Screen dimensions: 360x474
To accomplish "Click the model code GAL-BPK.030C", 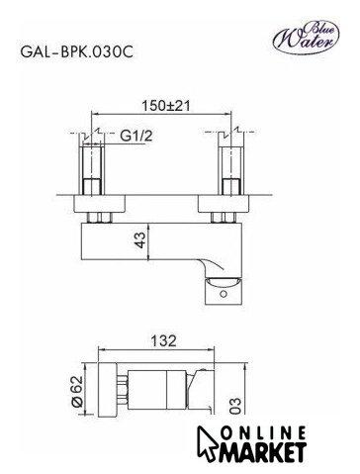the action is click(x=77, y=51).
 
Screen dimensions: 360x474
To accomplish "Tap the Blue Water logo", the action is click(x=306, y=38).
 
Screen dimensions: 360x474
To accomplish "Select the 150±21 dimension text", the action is click(x=166, y=106).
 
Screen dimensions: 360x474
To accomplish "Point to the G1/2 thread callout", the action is click(x=136, y=136).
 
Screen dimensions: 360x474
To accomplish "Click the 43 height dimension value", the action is click(x=140, y=240).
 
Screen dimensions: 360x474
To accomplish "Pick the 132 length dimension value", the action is click(x=163, y=341).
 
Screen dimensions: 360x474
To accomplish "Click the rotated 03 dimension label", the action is click(x=235, y=406).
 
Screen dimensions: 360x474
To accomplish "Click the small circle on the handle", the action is click(x=225, y=294).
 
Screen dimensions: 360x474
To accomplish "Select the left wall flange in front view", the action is click(x=99, y=203).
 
